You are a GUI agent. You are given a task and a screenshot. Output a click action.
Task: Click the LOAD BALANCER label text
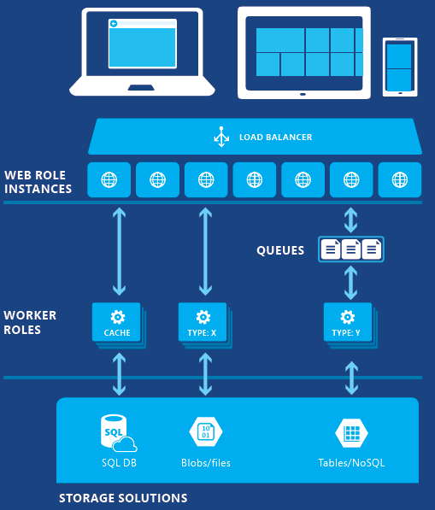(275, 138)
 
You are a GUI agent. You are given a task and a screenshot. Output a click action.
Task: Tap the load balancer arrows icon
(221, 137)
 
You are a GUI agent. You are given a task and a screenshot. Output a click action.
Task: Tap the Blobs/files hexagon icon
(206, 432)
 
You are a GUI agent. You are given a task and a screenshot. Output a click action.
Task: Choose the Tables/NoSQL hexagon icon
(351, 433)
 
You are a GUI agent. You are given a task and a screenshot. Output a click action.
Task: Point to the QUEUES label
(280, 250)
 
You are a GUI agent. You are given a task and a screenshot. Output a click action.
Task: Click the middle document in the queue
(350, 249)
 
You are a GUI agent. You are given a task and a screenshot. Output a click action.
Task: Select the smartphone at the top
(400, 67)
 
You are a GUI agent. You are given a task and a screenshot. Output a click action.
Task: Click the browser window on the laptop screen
(143, 44)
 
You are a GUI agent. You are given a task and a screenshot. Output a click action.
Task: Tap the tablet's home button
(303, 94)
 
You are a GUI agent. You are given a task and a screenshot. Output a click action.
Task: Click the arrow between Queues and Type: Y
(350, 283)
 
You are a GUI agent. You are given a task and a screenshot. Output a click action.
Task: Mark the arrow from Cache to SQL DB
(119, 374)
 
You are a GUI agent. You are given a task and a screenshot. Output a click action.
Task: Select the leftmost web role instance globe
(109, 179)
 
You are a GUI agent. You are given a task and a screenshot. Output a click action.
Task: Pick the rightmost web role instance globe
(400, 179)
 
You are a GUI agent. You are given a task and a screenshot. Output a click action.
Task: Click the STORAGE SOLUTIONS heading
(123, 498)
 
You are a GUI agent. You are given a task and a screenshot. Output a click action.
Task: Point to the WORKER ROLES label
(30, 322)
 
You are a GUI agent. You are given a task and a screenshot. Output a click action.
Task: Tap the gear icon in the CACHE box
(117, 317)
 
